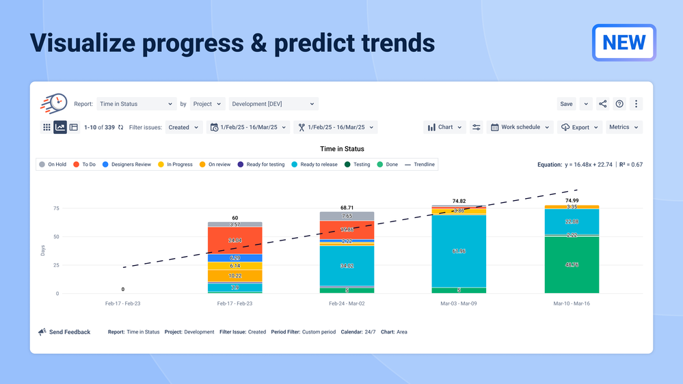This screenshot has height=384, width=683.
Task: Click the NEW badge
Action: (624, 42)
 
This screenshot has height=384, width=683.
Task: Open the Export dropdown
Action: (580, 127)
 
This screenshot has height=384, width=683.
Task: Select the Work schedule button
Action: (520, 127)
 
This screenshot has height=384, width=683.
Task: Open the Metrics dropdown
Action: (624, 127)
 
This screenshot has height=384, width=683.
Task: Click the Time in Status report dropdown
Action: (136, 104)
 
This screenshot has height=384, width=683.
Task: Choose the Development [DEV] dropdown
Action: (273, 104)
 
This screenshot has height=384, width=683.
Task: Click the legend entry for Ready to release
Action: (314, 164)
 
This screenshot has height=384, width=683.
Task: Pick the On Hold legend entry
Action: (53, 164)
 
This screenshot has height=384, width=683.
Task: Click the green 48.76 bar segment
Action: (572, 264)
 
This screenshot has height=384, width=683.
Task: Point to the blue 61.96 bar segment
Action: (459, 251)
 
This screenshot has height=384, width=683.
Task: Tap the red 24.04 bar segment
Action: (235, 241)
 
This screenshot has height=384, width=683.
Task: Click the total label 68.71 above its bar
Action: (347, 207)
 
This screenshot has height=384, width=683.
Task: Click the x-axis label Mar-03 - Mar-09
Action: (459, 302)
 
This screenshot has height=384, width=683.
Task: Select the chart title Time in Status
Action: (342, 149)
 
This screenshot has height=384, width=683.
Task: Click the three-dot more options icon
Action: (636, 104)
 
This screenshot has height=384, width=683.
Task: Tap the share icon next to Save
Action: (602, 104)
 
